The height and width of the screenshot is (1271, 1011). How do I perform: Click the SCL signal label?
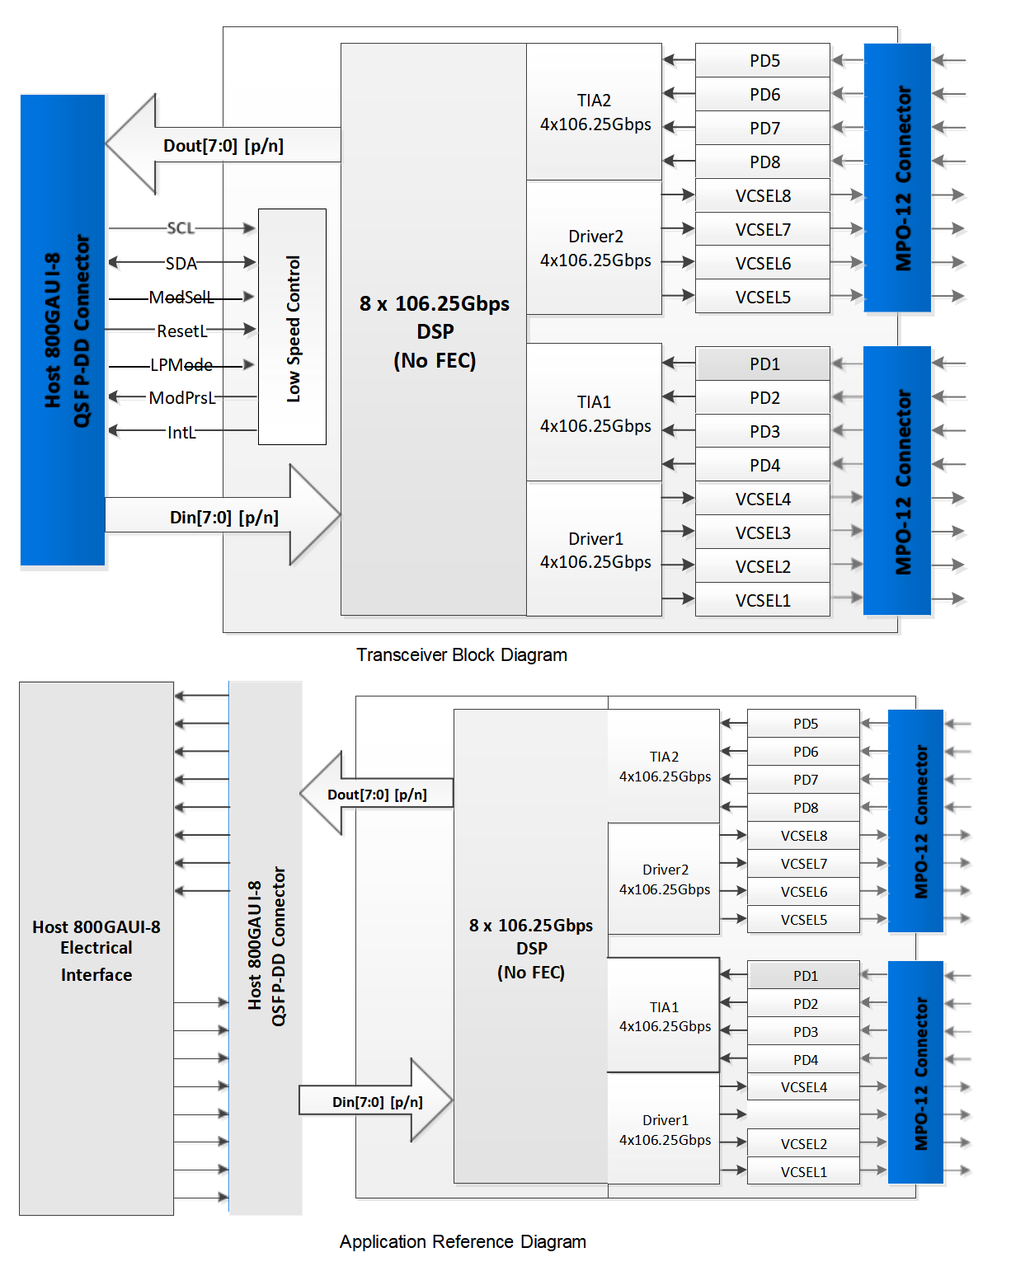[181, 227]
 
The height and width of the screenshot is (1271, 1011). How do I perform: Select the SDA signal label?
[181, 263]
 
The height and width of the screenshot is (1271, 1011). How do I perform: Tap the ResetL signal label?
[182, 331]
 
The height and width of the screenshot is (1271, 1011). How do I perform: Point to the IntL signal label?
[181, 432]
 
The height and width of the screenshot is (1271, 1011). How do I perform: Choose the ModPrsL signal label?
[181, 397]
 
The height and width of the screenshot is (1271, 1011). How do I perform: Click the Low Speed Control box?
[293, 327]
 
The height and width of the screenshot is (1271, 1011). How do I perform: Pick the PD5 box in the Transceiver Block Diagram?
[764, 60]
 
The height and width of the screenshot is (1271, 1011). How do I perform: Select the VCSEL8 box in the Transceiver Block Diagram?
[763, 195]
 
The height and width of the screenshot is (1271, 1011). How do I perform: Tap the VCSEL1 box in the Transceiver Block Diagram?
[763, 600]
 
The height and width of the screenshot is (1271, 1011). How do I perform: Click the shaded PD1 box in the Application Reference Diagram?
[804, 975]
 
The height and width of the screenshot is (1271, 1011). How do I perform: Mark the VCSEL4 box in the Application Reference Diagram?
[803, 1087]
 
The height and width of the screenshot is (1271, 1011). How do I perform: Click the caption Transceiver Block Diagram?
[461, 654]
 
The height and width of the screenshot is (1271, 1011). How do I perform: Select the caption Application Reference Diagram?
[463, 1241]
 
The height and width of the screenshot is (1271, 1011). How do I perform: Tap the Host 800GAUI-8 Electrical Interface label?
[96, 950]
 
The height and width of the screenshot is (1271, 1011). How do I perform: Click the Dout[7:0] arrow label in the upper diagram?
[223, 146]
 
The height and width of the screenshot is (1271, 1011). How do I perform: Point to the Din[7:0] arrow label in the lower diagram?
[377, 1102]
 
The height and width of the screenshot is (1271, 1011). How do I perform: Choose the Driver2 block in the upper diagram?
[595, 248]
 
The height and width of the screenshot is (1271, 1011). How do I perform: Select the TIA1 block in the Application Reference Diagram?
[664, 1015]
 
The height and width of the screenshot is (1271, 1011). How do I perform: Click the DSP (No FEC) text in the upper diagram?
[435, 331]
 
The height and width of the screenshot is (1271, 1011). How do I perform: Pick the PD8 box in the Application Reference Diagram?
[804, 807]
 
